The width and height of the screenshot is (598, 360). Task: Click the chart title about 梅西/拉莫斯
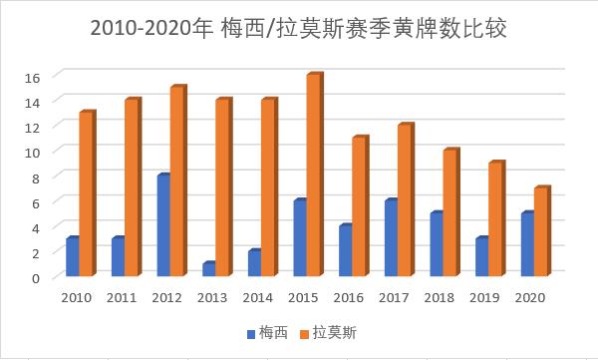[x=299, y=28]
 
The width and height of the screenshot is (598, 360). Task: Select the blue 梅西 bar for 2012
[x=162, y=225]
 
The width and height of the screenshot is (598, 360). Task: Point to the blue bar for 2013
[x=208, y=269]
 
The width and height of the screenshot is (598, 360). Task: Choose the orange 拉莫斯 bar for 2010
[x=87, y=194]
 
